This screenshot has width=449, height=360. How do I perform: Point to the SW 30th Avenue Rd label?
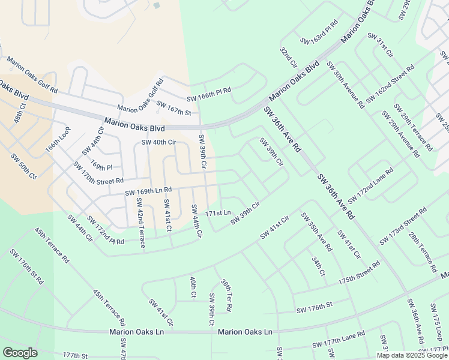(x=345, y=84)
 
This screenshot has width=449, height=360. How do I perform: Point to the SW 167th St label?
(x=173, y=109)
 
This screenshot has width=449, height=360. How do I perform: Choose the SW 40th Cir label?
(x=158, y=142)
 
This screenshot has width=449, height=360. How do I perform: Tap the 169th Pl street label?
(x=101, y=164)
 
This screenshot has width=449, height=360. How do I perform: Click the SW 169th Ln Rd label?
(x=148, y=191)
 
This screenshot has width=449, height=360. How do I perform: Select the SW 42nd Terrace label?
(x=139, y=222)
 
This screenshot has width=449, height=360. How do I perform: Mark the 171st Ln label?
(x=218, y=213)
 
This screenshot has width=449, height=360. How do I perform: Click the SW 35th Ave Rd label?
(x=316, y=231)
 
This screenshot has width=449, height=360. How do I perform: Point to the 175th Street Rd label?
(x=359, y=272)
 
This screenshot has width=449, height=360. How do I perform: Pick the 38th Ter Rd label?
(x=226, y=295)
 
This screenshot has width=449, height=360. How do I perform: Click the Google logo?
(x=20, y=353)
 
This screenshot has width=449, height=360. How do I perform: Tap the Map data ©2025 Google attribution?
(x=412, y=355)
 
